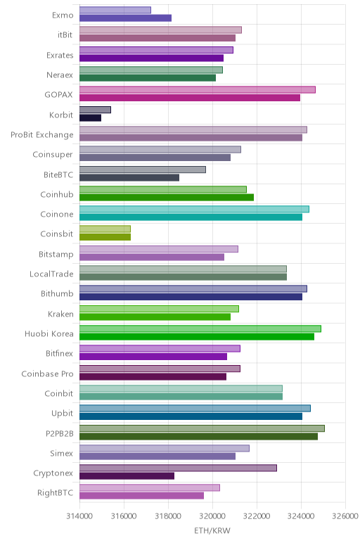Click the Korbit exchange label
click(x=61, y=115)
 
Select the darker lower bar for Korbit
click(x=90, y=117)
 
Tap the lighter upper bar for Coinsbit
click(x=105, y=229)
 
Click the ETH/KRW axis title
click(x=212, y=530)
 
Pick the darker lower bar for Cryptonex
click(x=127, y=475)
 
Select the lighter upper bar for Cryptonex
click(x=179, y=468)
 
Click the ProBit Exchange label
click(x=42, y=135)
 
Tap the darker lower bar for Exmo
click(x=125, y=18)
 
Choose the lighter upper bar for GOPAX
click(x=198, y=90)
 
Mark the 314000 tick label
click(x=79, y=516)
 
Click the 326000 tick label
click(x=345, y=516)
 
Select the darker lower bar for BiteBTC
click(x=129, y=178)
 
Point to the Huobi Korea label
click(x=49, y=334)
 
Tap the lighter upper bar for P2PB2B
click(x=202, y=428)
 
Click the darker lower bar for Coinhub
click(x=167, y=198)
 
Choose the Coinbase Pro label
click(x=47, y=373)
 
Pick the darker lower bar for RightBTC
click(x=141, y=496)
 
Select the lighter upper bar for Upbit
click(x=195, y=408)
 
